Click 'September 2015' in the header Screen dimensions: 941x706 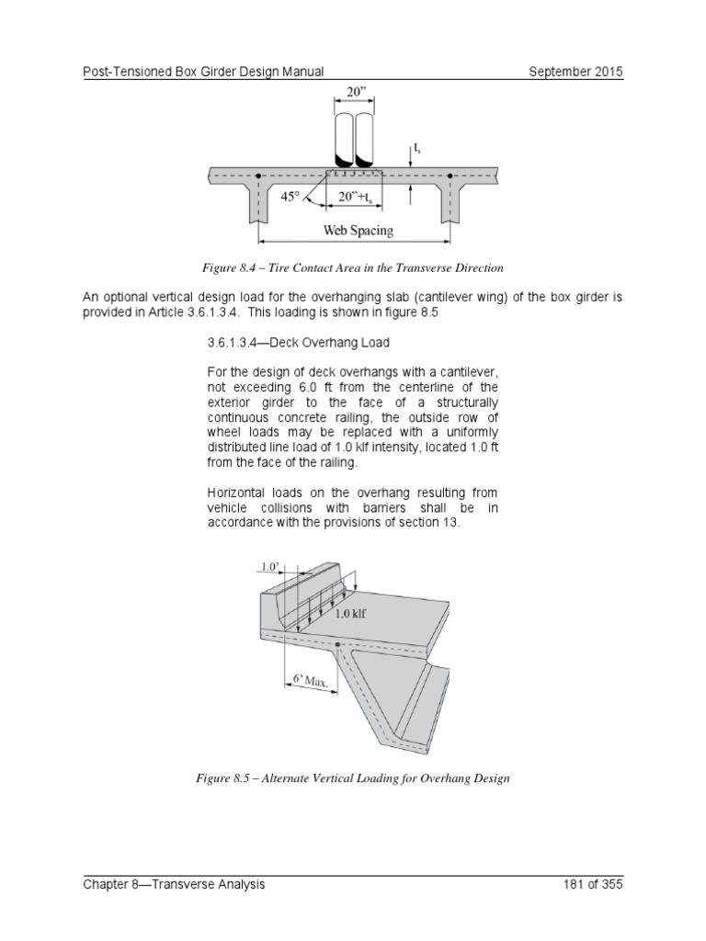pos(575,72)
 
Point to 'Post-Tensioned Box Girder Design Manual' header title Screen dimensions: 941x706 pos(201,72)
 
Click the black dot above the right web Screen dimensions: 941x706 pos(450,175)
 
